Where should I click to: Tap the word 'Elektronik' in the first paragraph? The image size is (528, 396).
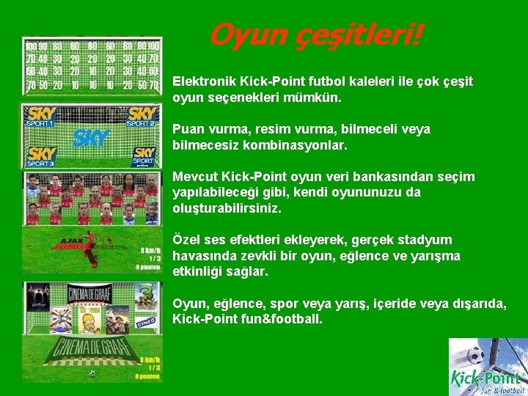(202, 81)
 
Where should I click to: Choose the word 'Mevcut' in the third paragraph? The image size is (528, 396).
(193, 177)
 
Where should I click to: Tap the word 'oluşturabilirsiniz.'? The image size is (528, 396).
(227, 208)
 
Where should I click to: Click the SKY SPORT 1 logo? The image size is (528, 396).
(40, 116)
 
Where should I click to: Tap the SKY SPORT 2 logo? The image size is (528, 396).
(142, 116)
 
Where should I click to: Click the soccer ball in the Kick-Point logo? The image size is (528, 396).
(474, 355)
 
